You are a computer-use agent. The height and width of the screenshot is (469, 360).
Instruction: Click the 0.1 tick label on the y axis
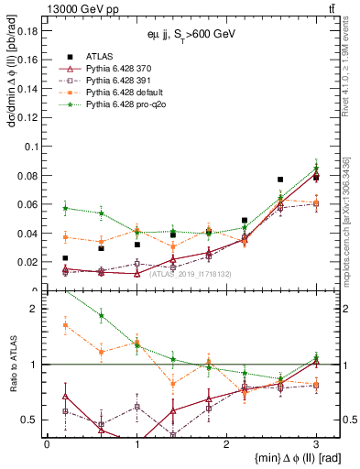click(x=28, y=146)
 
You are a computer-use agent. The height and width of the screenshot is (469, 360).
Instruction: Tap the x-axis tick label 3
click(x=316, y=442)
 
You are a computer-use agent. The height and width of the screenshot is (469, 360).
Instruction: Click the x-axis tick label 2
click(x=226, y=442)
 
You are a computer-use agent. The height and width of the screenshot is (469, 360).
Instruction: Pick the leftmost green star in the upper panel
click(x=65, y=208)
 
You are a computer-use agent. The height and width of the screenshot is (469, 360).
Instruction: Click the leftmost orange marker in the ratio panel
click(x=65, y=325)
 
